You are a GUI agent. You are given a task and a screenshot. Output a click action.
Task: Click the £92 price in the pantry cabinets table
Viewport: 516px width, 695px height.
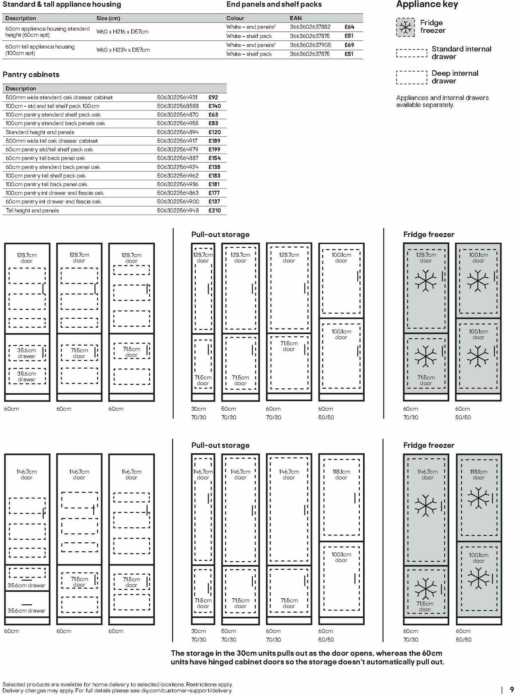pos(213,97)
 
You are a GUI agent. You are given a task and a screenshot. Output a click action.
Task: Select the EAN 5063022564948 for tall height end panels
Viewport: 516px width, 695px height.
pos(178,210)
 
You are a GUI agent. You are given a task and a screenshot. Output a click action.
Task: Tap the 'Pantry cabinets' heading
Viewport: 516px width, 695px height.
pos(31,74)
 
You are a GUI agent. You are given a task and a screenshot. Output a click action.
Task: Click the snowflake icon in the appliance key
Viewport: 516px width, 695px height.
pos(404,27)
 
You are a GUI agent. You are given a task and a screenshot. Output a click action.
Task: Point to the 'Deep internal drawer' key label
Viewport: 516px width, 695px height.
pos(455,77)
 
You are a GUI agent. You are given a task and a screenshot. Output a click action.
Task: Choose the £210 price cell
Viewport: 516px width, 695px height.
pos(215,210)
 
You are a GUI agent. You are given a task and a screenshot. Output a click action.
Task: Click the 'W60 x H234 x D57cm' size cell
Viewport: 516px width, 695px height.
pos(123,50)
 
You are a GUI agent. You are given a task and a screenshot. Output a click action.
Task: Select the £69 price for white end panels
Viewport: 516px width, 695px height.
pos(349,45)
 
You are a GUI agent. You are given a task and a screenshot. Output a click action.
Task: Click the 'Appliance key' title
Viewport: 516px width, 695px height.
pos(427,5)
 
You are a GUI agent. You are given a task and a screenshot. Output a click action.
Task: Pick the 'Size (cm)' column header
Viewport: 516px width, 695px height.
pos(108,18)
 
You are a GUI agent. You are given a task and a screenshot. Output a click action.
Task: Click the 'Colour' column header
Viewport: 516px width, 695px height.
pos(235,18)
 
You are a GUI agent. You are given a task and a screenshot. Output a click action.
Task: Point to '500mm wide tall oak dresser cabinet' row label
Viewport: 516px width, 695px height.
pos(52,141)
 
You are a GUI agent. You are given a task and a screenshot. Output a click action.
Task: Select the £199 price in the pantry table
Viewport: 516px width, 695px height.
pos(214,149)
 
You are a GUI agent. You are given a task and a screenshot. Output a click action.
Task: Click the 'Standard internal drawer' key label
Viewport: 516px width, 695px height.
pos(461,52)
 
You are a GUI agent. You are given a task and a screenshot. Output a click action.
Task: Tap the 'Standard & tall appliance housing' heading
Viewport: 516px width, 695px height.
pos(62,5)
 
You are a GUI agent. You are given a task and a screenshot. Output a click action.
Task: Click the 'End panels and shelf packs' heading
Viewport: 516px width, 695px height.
pos(274,5)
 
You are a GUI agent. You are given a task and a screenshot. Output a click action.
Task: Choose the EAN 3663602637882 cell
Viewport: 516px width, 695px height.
pos(310,27)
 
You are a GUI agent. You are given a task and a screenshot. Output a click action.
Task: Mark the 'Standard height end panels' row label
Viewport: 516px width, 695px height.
pos(40,132)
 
